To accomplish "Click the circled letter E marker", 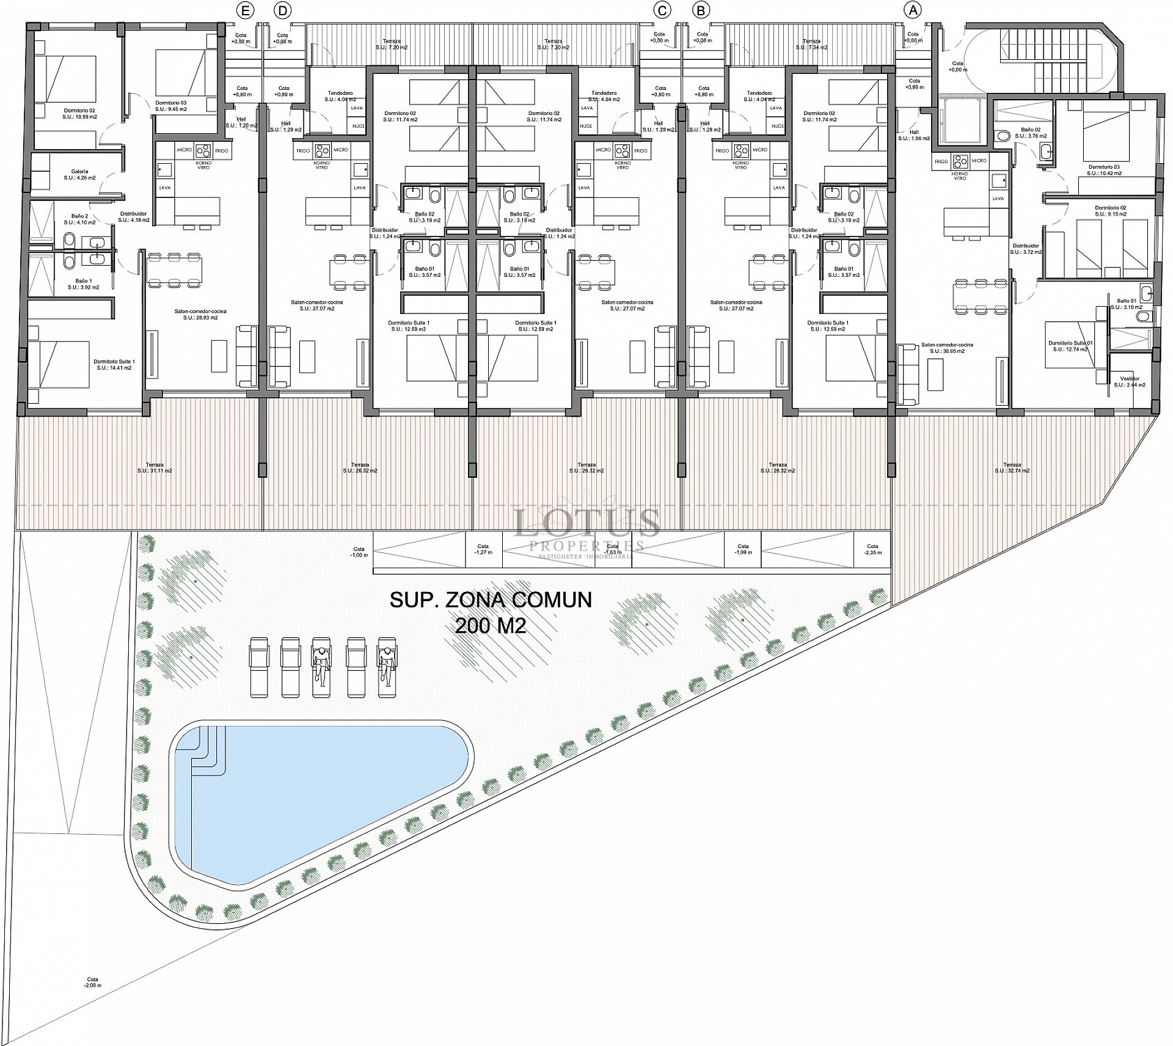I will [x=246, y=10].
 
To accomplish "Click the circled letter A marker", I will [x=913, y=10].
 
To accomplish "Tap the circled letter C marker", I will [x=662, y=10].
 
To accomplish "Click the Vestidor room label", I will [x=1130, y=382].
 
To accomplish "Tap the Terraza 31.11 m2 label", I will [x=155, y=467].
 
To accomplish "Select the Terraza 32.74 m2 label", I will [x=1012, y=467].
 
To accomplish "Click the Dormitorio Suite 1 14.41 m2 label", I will [x=114, y=365].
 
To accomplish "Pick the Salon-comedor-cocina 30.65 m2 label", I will [x=947, y=348].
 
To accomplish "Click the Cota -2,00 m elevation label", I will [x=93, y=999].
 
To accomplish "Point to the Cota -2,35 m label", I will [x=872, y=549].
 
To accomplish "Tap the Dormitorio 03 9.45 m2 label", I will [x=170, y=106].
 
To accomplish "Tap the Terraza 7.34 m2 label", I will [x=811, y=44].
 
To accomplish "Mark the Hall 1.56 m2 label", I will [x=913, y=135].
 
